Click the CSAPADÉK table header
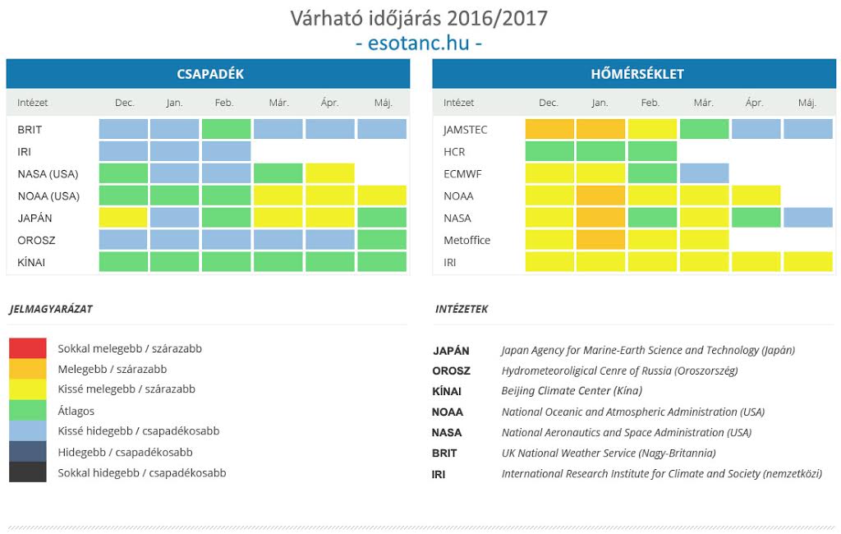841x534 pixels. [209, 74]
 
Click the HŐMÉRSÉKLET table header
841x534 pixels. [636, 74]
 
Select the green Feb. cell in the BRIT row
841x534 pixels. [226, 129]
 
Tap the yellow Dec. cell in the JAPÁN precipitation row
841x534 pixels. [123, 218]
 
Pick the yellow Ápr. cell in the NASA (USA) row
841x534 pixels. [329, 173]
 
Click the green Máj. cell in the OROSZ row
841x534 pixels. [382, 240]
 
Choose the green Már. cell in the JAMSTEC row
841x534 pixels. [703, 129]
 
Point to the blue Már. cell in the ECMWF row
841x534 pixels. [703, 173]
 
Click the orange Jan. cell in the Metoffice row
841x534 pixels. [600, 240]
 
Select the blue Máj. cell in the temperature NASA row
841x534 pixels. [807, 218]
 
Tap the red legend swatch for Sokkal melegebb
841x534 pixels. [28, 348]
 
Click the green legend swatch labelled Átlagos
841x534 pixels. [28, 410]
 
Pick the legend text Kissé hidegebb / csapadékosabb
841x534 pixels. [138, 431]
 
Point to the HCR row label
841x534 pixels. [454, 151]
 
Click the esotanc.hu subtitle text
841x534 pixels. [419, 43]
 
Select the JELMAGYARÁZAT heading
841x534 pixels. [51, 310]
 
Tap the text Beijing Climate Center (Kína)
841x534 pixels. [572, 391]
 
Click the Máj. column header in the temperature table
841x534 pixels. [807, 103]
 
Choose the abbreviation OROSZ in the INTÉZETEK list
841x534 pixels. [451, 371]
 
